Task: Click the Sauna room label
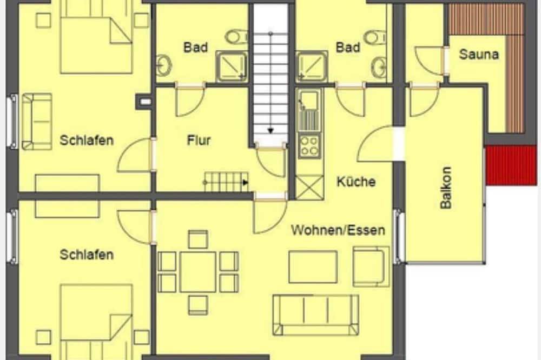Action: [x=479, y=55]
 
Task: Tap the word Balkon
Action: [x=446, y=187]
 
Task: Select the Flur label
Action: [x=199, y=141]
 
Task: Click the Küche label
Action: [x=355, y=181]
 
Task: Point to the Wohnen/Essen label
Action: [x=338, y=230]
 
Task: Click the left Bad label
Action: [x=195, y=48]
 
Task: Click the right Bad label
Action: [x=348, y=48]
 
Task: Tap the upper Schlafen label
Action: [x=87, y=141]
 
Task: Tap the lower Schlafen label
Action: [x=87, y=254]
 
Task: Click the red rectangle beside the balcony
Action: [x=511, y=165]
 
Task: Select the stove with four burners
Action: [x=309, y=145]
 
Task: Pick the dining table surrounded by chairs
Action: [x=197, y=271]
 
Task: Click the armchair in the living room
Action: [x=371, y=266]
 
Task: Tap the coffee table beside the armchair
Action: [x=313, y=266]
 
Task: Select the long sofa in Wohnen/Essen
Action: [x=316, y=314]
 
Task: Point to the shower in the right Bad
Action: [x=311, y=67]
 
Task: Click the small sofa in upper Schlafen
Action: [x=37, y=122]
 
